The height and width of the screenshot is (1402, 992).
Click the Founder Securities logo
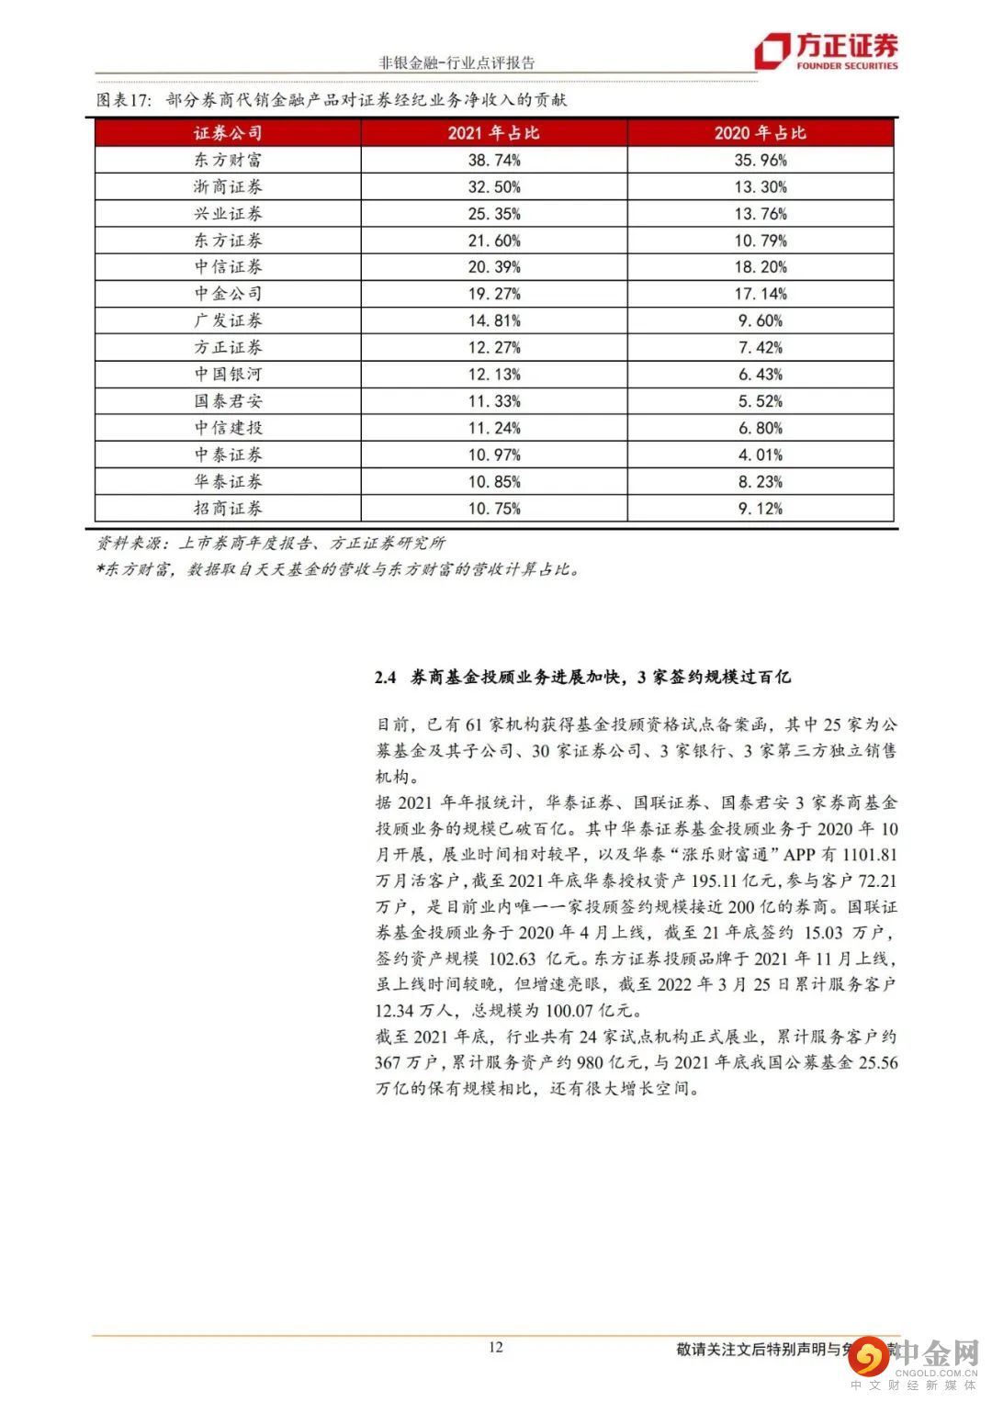(x=826, y=50)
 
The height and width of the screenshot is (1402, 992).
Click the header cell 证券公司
(x=228, y=133)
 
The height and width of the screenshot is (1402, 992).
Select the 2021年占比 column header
(x=493, y=133)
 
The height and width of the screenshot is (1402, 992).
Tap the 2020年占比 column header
(x=761, y=133)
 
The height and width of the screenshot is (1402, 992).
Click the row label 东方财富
(x=228, y=160)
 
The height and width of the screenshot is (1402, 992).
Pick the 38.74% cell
(x=493, y=160)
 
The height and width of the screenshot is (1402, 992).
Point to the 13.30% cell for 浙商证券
(x=761, y=186)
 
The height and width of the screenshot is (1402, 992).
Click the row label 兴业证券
(x=228, y=214)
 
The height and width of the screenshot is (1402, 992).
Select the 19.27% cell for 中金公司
(x=493, y=294)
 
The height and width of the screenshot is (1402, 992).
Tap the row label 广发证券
(x=228, y=320)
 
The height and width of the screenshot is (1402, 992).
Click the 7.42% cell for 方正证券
(x=761, y=347)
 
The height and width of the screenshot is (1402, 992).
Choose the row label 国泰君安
(x=228, y=401)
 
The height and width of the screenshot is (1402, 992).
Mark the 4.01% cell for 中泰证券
(x=761, y=454)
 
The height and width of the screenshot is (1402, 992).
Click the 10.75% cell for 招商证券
(x=493, y=509)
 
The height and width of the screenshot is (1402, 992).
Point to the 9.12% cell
(x=761, y=509)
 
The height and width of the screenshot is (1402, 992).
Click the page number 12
(x=496, y=1347)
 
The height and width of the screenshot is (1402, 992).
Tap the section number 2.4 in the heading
(x=385, y=678)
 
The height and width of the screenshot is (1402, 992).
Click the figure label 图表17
(x=123, y=100)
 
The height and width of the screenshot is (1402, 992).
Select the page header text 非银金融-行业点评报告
(x=457, y=62)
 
